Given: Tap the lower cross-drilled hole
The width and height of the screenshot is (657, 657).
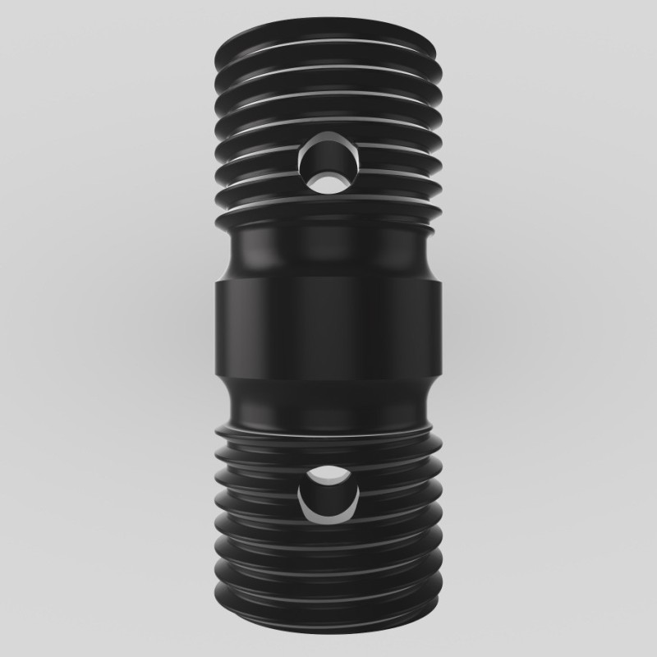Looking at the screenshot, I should [x=329, y=493].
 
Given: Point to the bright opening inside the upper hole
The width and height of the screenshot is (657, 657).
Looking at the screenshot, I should [x=332, y=179].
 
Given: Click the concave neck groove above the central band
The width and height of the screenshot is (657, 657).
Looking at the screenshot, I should [x=328, y=250].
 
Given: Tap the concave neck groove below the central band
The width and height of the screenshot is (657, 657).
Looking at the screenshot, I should [x=328, y=402].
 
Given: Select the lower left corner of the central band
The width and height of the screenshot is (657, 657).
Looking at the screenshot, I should [x=216, y=378].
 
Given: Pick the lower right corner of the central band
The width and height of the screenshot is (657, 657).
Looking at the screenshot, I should [x=441, y=378].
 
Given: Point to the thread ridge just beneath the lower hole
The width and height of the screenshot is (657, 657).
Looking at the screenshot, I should [x=328, y=534].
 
